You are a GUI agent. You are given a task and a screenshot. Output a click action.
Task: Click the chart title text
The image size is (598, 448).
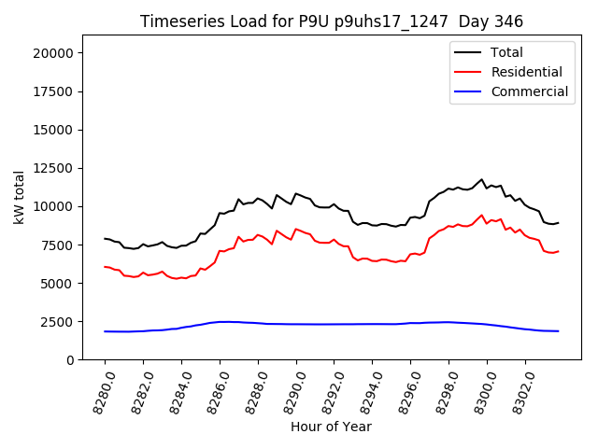(x=332, y=21)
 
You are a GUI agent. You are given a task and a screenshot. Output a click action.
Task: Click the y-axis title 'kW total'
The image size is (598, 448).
(x=19, y=197)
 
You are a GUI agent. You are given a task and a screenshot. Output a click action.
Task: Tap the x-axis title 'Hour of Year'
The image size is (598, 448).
(x=332, y=427)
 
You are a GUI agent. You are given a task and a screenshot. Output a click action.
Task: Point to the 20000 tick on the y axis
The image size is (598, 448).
(x=53, y=53)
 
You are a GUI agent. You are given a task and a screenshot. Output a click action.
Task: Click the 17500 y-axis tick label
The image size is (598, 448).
(x=53, y=91)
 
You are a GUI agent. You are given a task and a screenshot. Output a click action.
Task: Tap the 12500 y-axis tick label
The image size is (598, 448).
(x=53, y=168)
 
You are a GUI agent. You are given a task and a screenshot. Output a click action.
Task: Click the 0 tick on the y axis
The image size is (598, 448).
(x=70, y=359)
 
